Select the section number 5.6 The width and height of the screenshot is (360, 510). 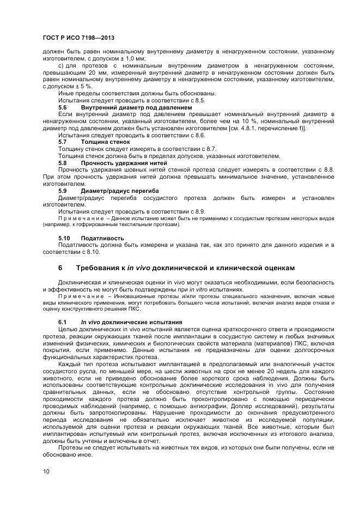click(x=63, y=107)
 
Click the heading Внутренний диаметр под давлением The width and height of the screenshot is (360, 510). click(x=136, y=107)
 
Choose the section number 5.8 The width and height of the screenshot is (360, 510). click(x=63, y=162)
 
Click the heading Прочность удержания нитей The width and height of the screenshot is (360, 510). click(x=124, y=162)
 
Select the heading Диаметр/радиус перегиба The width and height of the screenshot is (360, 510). click(x=120, y=191)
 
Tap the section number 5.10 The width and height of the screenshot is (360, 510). click(x=64, y=238)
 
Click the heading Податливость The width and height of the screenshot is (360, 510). click(x=102, y=238)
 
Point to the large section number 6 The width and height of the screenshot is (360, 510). click(x=60, y=268)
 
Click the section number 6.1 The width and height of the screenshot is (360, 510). click(x=63, y=323)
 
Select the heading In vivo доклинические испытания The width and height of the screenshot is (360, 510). click(x=131, y=323)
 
